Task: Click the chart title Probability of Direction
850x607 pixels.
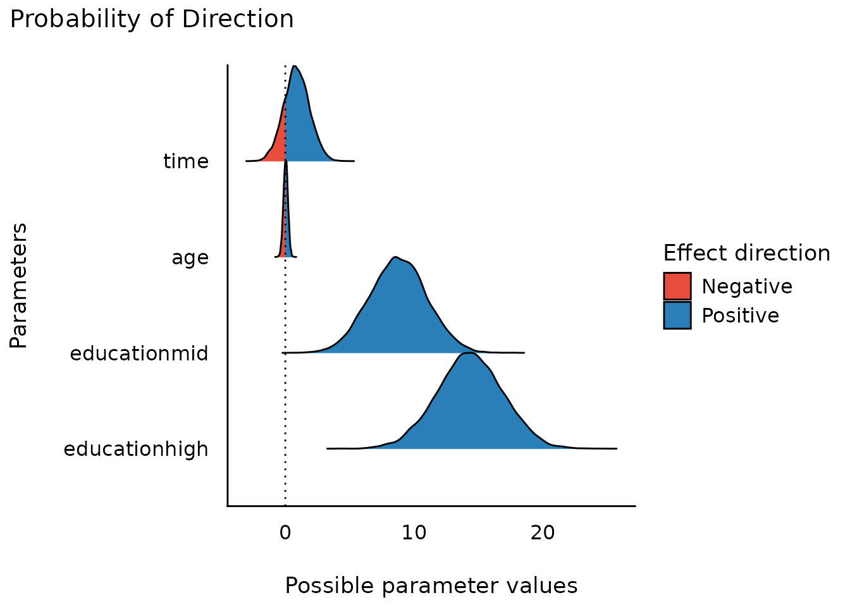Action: click(x=152, y=20)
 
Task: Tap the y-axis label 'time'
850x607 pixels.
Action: click(x=186, y=161)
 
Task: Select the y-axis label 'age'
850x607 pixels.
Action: click(x=190, y=259)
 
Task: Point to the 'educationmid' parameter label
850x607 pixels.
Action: click(x=139, y=353)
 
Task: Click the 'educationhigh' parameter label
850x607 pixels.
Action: click(x=136, y=450)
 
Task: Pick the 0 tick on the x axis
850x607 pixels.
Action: click(x=285, y=532)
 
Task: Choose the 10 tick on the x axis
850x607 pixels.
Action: click(x=414, y=532)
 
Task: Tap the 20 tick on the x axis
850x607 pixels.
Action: click(x=543, y=532)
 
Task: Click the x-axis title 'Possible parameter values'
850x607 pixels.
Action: click(x=431, y=586)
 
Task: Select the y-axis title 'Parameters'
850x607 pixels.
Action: click(x=18, y=286)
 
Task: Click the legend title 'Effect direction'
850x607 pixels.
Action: click(x=747, y=253)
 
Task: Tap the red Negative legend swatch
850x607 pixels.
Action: click(x=677, y=286)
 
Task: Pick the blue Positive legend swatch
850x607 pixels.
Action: click(x=677, y=316)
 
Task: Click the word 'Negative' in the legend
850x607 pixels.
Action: click(x=747, y=286)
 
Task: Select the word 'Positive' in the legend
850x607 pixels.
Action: click(x=741, y=316)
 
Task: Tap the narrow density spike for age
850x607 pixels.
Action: click(x=286, y=212)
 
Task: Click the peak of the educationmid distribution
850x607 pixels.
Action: click(x=395, y=257)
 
